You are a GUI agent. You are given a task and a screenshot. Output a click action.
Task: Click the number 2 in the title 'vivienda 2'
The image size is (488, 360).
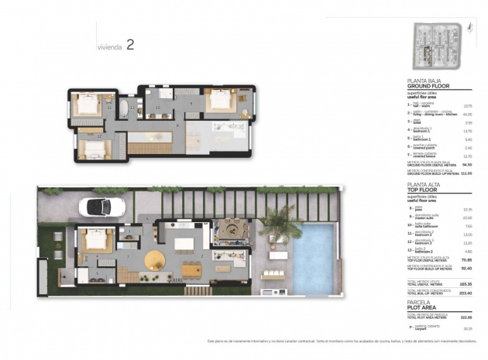click(x=129, y=45)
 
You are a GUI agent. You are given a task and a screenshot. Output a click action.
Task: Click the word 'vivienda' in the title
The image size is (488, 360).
click(x=109, y=46)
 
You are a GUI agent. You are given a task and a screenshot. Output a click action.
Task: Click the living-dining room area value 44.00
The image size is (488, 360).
click(x=467, y=114)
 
